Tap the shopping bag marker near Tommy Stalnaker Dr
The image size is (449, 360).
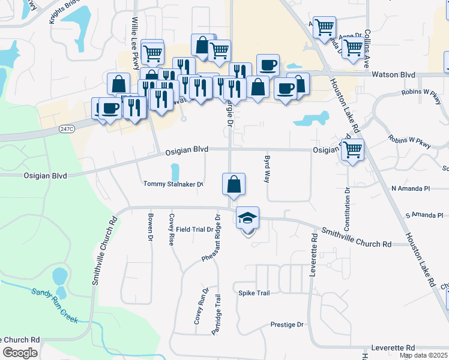coord(234,184)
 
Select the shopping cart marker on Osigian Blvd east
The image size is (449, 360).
coord(352,150)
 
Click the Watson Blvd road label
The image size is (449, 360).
coord(394,74)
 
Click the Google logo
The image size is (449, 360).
coord(20,353)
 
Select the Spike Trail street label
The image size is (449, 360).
coord(254,293)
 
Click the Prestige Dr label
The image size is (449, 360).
coord(287,325)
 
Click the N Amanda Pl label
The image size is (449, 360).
coord(411,188)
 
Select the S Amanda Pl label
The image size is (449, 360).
coord(424,215)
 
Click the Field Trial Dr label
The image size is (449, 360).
coord(195,229)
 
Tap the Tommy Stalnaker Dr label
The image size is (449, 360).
coord(173,184)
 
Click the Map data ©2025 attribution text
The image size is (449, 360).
coord(424,355)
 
